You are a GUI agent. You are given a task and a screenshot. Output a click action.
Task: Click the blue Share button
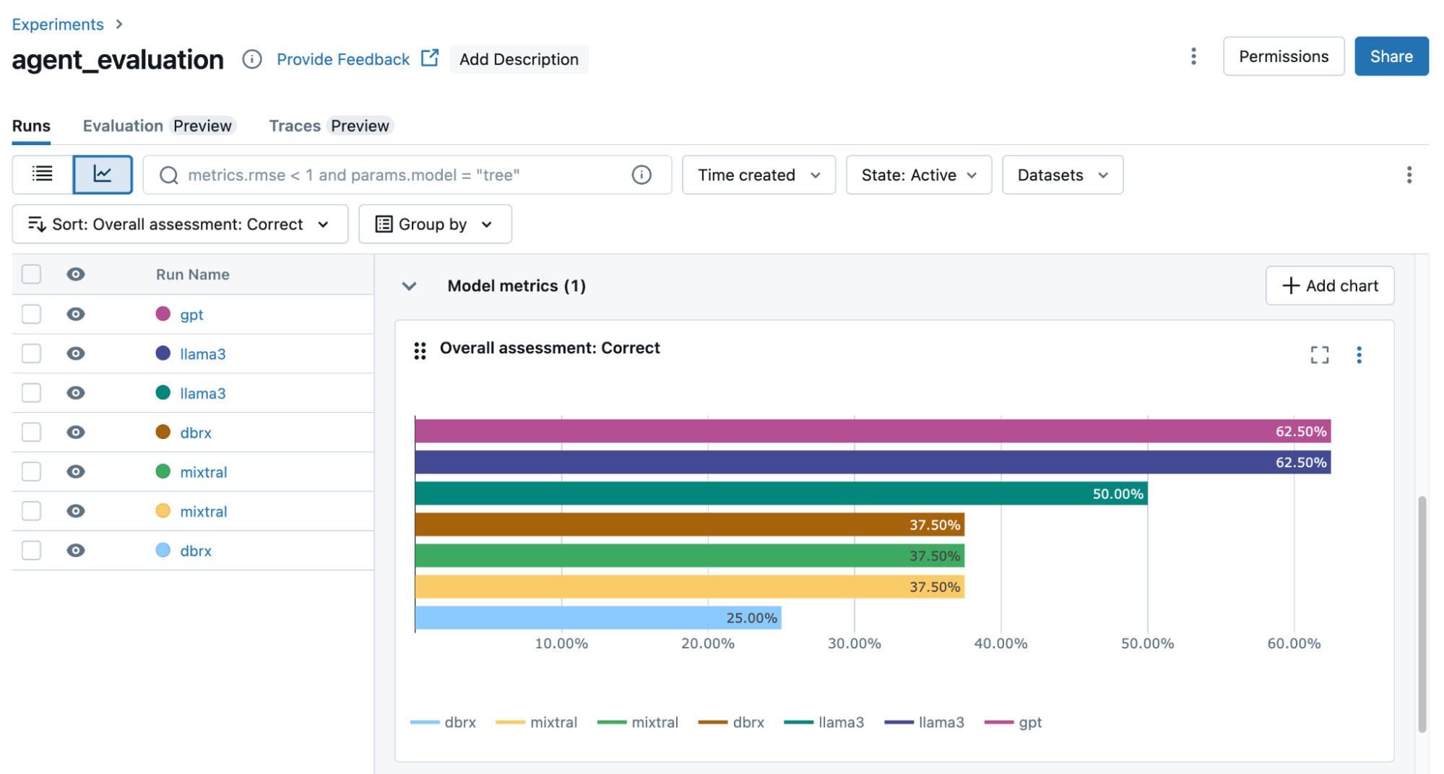click(x=1391, y=56)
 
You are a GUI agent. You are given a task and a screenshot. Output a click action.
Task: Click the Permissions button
click(x=1283, y=56)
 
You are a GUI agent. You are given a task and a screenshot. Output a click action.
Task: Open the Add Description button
click(x=519, y=59)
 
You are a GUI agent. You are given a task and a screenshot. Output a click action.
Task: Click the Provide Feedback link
click(x=343, y=59)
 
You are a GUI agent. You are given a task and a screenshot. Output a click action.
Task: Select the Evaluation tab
click(x=123, y=126)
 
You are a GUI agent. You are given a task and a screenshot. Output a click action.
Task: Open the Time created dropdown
click(x=758, y=175)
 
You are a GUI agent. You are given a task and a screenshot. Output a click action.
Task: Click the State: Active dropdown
click(x=918, y=175)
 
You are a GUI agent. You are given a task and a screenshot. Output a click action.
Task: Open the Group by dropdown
click(x=435, y=224)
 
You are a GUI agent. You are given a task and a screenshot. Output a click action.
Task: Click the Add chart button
click(x=1329, y=286)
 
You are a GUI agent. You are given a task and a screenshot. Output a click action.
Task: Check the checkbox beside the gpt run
click(x=31, y=314)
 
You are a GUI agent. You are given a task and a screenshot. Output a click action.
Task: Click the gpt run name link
click(x=191, y=315)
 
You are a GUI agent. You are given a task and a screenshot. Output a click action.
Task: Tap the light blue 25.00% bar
click(x=598, y=618)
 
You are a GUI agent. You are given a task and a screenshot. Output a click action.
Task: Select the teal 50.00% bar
click(x=780, y=494)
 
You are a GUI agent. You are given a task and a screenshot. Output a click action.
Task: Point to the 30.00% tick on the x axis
click(x=854, y=643)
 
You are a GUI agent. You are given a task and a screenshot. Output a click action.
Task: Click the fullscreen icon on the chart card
click(x=1319, y=355)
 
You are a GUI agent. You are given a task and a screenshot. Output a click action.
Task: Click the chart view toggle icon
click(x=103, y=175)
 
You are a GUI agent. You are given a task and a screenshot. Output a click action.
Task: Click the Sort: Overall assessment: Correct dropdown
click(x=179, y=224)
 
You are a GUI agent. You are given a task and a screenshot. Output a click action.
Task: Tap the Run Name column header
click(x=192, y=274)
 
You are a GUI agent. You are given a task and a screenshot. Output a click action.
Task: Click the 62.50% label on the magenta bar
click(x=1300, y=432)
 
